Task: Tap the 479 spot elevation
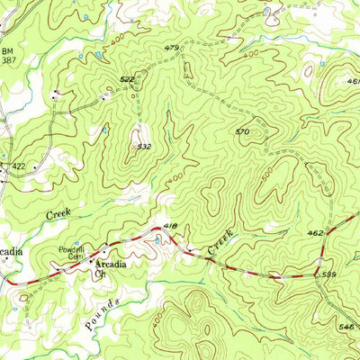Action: point(173,47)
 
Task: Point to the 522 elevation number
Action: point(126,80)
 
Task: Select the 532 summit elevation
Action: point(143,145)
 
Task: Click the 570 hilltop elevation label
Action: point(241,132)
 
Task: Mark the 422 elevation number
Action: point(18,166)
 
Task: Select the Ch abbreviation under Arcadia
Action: point(102,275)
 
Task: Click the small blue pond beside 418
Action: point(157,238)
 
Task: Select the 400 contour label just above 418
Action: point(175,179)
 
